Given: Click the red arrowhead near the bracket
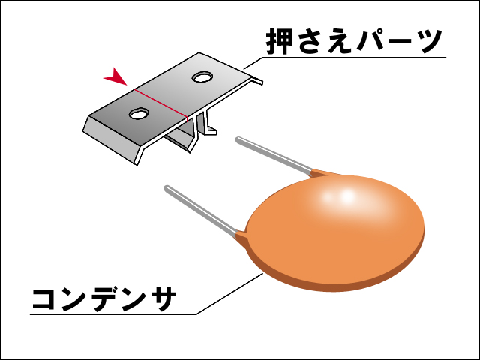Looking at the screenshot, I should click(114, 76).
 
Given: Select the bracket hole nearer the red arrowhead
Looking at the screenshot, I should click(139, 114).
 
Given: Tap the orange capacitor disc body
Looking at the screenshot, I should click(337, 232).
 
